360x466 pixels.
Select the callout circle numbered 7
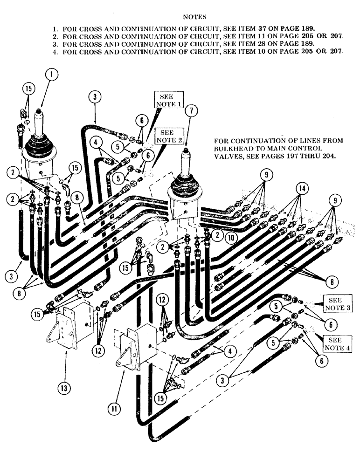(x=190, y=111)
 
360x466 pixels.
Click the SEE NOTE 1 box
(x=166, y=100)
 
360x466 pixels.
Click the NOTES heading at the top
(x=191, y=17)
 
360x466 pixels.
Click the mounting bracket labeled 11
(x=133, y=349)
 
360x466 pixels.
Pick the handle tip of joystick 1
(x=39, y=112)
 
